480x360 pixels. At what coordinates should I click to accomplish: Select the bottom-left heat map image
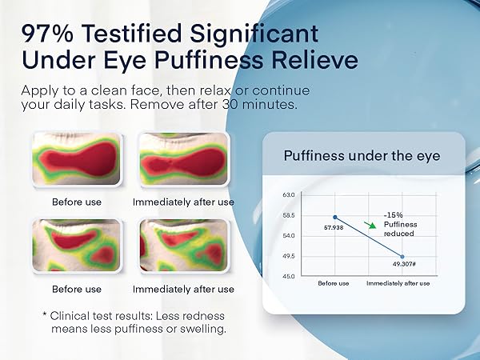pyautogui.click(x=76, y=247)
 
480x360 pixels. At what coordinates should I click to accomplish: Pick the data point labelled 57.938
pyautogui.click(x=334, y=218)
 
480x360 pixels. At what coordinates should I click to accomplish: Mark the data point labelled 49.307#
pyautogui.click(x=402, y=257)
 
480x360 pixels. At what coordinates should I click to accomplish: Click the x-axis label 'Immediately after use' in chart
pyautogui.click(x=398, y=284)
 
